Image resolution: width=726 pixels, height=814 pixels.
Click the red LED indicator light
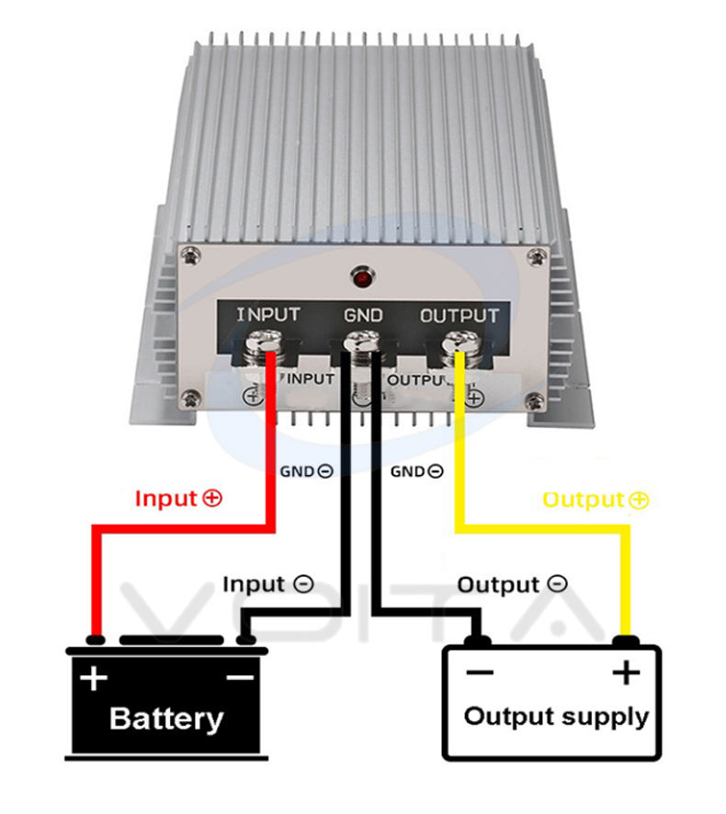[362, 277]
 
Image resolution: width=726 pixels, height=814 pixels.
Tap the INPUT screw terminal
[264, 346]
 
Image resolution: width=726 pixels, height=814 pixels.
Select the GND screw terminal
[362, 346]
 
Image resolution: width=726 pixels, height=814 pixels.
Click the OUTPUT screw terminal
[461, 346]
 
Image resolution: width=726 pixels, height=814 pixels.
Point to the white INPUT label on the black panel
[268, 314]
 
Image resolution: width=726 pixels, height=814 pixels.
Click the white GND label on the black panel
[363, 315]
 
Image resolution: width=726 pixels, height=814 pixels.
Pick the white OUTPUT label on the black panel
[459, 316]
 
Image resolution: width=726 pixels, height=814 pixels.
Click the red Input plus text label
[178, 499]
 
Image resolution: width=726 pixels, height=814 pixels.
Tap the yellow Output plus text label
[596, 500]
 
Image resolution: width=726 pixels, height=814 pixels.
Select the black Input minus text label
[268, 584]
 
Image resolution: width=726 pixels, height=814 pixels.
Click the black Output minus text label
[512, 584]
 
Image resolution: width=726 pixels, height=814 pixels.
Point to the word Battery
[166, 719]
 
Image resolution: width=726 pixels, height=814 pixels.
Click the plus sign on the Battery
[94, 677]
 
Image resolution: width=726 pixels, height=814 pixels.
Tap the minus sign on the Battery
[240, 677]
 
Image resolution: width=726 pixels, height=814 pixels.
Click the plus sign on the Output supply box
[626, 673]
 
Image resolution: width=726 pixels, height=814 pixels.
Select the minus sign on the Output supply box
[480, 673]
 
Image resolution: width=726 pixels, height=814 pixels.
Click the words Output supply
[556, 718]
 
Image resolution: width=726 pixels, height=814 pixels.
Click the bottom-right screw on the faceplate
[535, 401]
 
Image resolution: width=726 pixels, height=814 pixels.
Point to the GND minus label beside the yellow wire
[416, 471]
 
